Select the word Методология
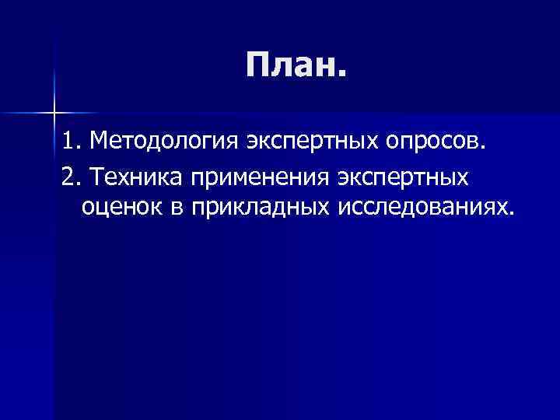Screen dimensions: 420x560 pos(164,142)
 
